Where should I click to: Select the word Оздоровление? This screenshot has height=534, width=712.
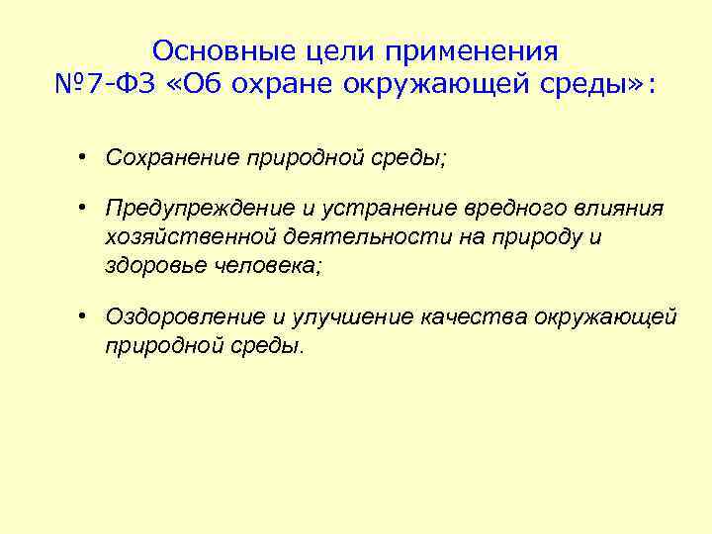pos(177,316)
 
